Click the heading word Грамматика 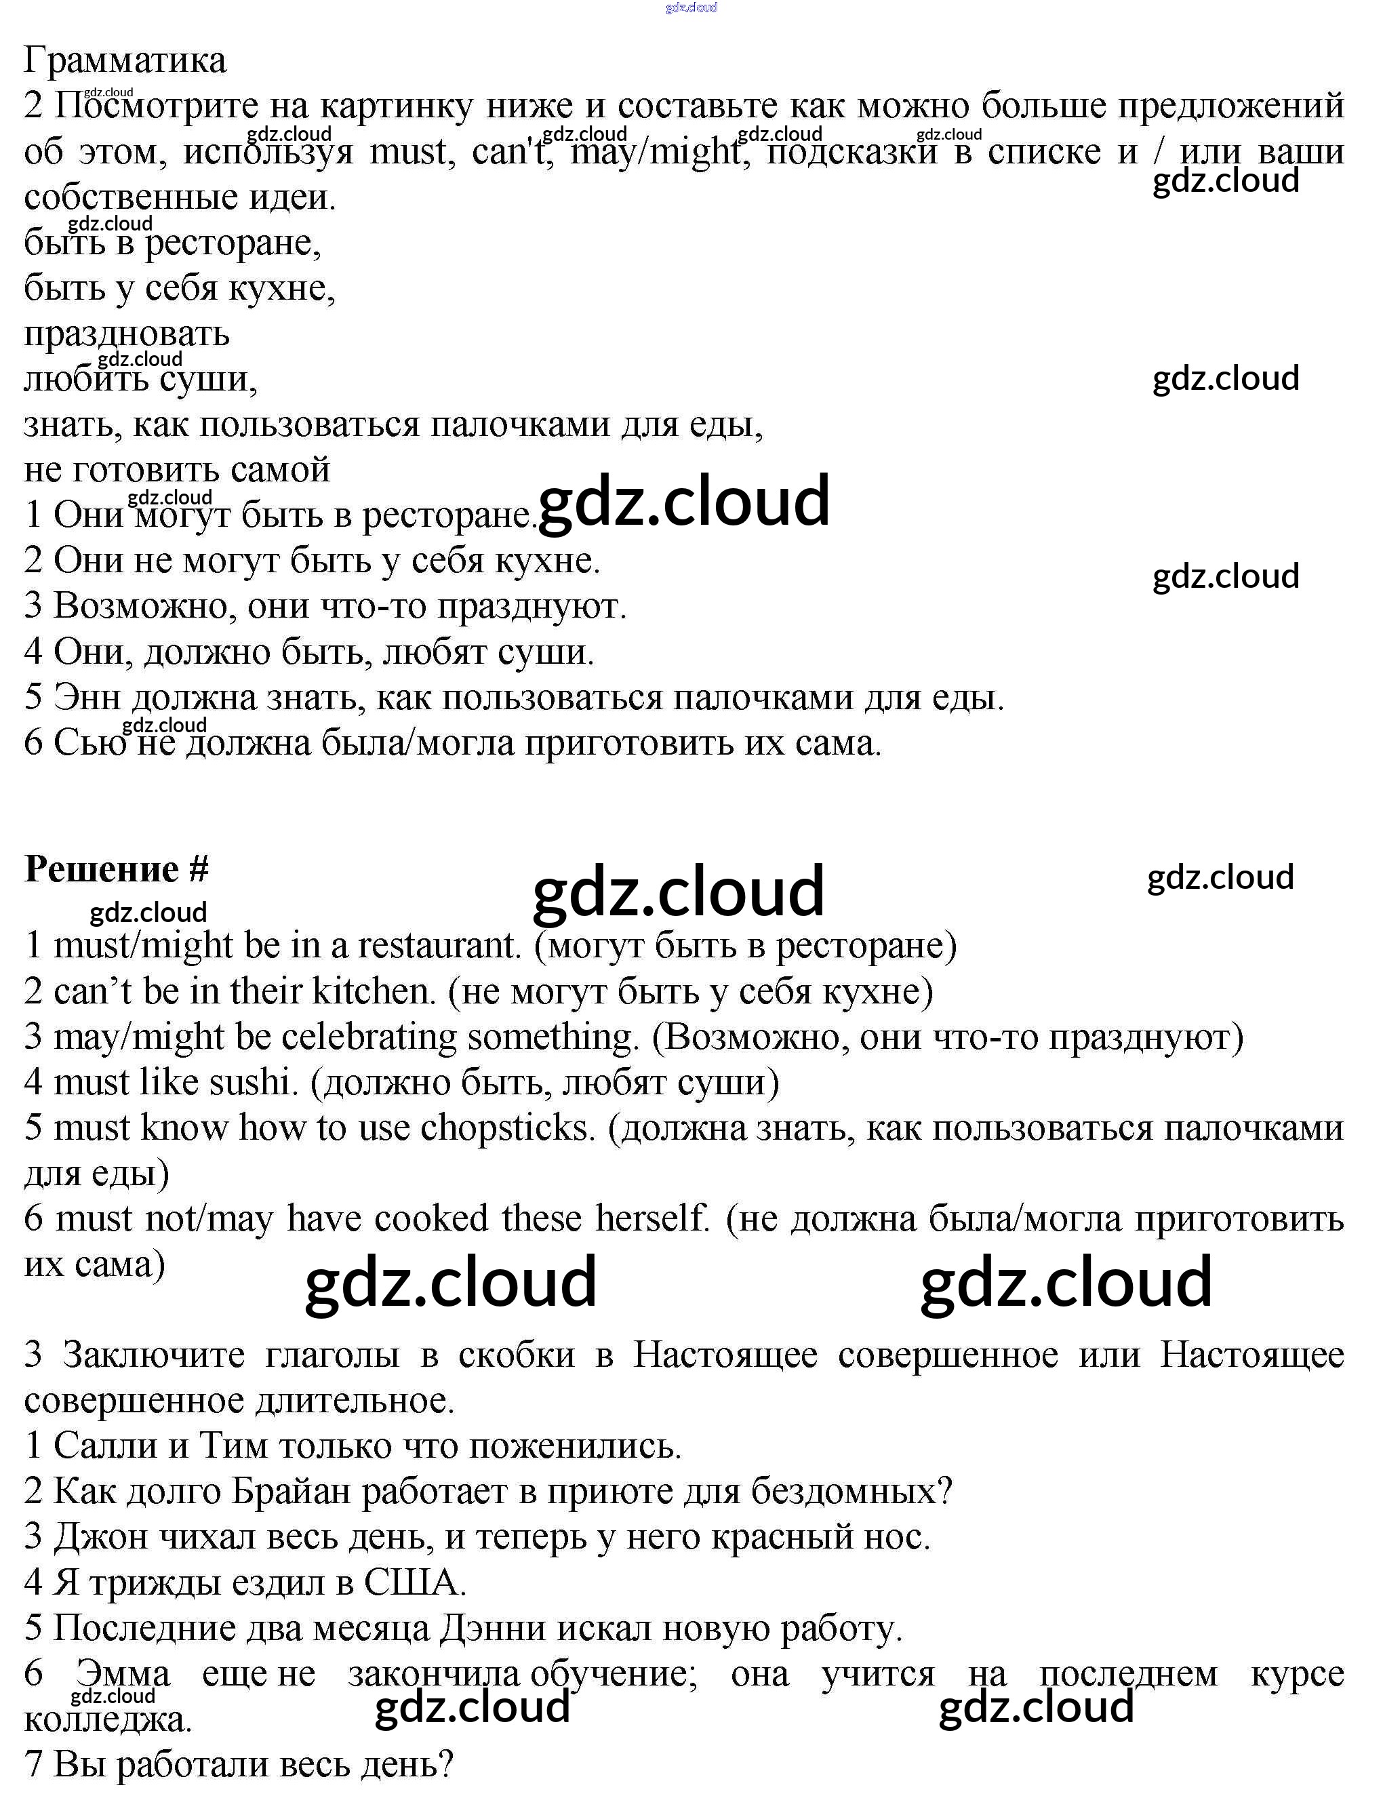click(x=125, y=60)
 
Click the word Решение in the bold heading click(x=101, y=869)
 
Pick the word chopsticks click(x=507, y=1128)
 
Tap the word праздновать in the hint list click(x=127, y=334)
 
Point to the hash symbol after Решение click(x=199, y=869)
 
